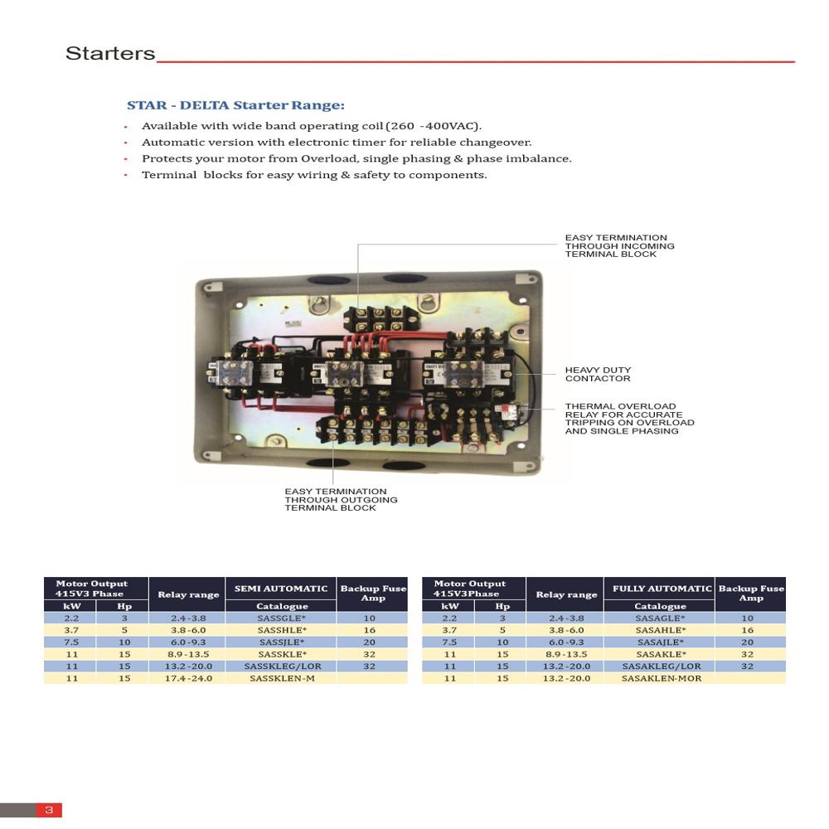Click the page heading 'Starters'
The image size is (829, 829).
click(110, 54)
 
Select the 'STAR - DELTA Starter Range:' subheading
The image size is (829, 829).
click(235, 105)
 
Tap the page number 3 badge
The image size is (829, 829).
click(49, 810)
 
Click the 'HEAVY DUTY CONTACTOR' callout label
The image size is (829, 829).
click(598, 375)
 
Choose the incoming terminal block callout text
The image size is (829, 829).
click(619, 245)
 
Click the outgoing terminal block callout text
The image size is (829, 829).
click(341, 500)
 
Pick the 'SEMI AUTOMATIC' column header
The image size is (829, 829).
click(281, 589)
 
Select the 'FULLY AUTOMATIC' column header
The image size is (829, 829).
click(662, 589)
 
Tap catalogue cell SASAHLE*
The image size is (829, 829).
click(661, 630)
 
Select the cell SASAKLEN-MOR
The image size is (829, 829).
click(661, 678)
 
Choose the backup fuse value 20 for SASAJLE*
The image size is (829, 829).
click(748, 642)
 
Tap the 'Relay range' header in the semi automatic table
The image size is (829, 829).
click(188, 594)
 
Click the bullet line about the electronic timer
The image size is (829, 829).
click(336, 143)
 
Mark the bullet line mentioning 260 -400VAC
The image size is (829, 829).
click(311, 126)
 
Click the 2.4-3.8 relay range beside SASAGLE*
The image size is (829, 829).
click(566, 618)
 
